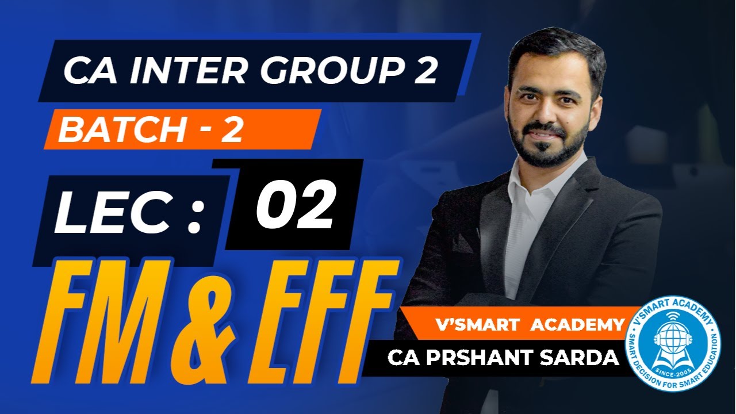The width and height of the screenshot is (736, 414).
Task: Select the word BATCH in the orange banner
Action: (x=119, y=130)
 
